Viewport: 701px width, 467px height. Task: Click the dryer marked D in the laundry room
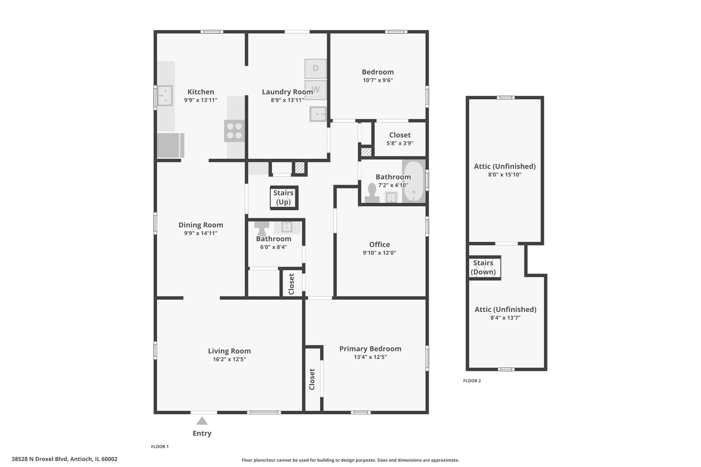[315, 68]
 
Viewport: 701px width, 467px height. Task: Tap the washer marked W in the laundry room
[315, 90]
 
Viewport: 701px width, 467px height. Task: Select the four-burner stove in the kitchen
[235, 131]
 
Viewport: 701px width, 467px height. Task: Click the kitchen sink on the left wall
[164, 96]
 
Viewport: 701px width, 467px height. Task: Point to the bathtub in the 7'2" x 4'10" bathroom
[413, 182]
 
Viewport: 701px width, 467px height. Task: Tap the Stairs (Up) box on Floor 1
[284, 198]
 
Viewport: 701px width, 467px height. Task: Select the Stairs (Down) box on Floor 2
[484, 268]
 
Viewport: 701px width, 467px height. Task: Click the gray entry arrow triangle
[202, 421]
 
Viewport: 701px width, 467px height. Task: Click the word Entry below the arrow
[202, 433]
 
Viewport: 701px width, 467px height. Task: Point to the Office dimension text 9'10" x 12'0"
[379, 253]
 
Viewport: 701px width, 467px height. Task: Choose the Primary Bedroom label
[370, 349]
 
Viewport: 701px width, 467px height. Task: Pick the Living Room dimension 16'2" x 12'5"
[229, 359]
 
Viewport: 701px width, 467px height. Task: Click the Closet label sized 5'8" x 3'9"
[400, 135]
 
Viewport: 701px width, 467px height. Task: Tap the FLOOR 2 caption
[472, 381]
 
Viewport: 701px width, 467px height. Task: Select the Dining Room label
[201, 225]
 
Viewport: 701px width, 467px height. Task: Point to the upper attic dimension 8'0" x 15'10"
[505, 175]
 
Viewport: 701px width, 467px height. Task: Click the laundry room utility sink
[318, 114]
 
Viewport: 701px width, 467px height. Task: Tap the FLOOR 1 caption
[160, 446]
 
